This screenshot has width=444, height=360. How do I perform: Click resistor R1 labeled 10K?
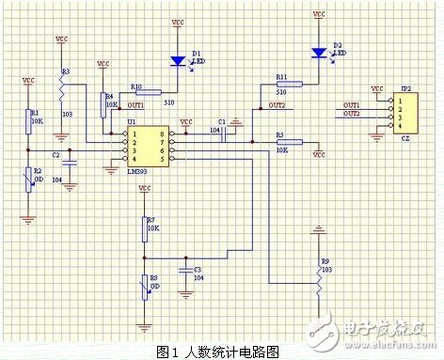click(26, 120)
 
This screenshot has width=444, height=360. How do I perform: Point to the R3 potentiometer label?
click(65, 71)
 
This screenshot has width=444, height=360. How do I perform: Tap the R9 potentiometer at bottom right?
click(318, 277)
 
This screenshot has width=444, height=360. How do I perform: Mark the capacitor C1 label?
click(221, 122)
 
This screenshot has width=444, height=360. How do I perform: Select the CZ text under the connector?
click(404, 136)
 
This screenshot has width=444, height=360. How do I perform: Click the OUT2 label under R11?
click(276, 106)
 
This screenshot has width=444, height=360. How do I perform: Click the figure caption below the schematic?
click(221, 352)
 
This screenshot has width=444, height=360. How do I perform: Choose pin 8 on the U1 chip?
click(163, 134)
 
